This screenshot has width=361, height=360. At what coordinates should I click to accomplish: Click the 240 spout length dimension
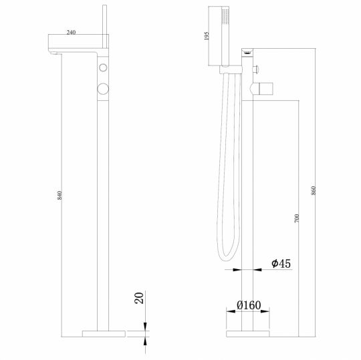coord(72,31)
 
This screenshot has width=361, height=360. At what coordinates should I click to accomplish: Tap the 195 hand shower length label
coord(209,37)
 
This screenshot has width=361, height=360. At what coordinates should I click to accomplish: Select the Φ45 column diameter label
coord(281,264)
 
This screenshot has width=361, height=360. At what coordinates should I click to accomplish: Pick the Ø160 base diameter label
coord(248,306)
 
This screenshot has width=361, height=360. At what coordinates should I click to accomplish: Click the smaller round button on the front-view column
coord(103,69)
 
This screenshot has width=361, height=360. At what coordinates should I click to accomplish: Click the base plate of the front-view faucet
coord(104,332)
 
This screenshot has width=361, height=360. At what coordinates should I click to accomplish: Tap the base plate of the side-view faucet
coord(248,332)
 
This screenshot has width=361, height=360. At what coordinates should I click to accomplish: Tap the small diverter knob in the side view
coord(257,69)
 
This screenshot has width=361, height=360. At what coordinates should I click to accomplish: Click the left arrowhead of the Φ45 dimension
coord(239,270)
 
